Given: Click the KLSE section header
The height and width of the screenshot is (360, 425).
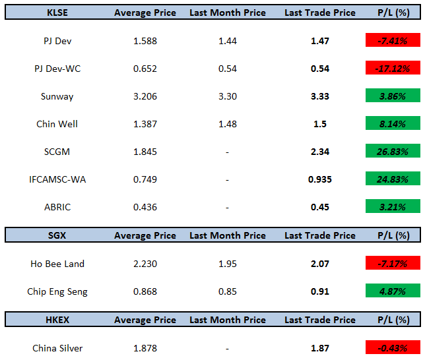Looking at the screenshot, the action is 57,13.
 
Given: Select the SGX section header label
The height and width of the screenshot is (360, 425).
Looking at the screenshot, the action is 57,235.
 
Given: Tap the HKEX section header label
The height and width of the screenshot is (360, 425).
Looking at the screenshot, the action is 57,320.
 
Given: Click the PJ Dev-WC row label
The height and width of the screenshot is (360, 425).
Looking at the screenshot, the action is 57,69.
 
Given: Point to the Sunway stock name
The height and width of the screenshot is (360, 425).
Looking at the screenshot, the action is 57,96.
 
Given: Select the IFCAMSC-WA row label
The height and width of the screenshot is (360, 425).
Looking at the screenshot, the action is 57,179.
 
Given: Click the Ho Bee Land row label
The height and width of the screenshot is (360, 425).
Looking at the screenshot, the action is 57,264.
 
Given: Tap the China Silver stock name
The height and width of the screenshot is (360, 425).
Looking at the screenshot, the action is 57,348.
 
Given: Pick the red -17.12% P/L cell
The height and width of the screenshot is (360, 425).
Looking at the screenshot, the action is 393,68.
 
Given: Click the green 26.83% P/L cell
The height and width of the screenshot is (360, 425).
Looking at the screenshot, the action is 393,150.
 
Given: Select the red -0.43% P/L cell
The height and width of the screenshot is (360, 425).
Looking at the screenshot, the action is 393,347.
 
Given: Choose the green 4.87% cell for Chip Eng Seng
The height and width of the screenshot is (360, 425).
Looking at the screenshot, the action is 393,290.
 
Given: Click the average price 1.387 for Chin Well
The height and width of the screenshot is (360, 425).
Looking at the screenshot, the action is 145,124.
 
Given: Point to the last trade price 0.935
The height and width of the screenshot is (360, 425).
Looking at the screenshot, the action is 320,179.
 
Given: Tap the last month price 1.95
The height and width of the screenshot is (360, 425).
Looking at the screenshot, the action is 228,264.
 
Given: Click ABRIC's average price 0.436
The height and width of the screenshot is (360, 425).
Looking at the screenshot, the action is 145,207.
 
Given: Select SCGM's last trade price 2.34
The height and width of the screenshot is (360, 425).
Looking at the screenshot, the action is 320,152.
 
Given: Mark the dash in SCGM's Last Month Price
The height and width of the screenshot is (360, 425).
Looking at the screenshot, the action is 227,152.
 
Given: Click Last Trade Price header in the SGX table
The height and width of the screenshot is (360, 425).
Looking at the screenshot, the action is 320,235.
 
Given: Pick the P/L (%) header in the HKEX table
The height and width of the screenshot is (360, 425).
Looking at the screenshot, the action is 393,320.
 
